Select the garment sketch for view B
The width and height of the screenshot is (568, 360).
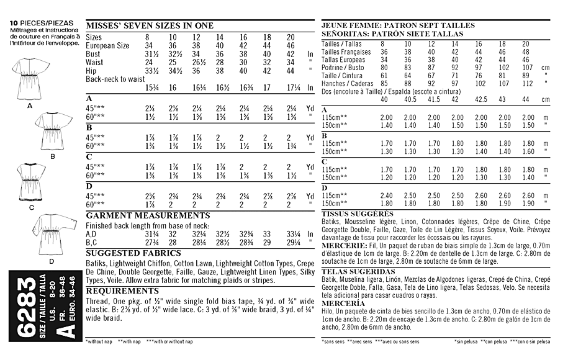pyautogui.click(x=53, y=130)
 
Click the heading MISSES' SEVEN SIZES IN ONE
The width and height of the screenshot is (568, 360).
pyautogui.click(x=149, y=25)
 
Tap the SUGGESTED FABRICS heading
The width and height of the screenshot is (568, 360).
pyautogui.click(x=133, y=253)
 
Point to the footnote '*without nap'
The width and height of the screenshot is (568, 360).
pyautogui.click(x=102, y=341)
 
